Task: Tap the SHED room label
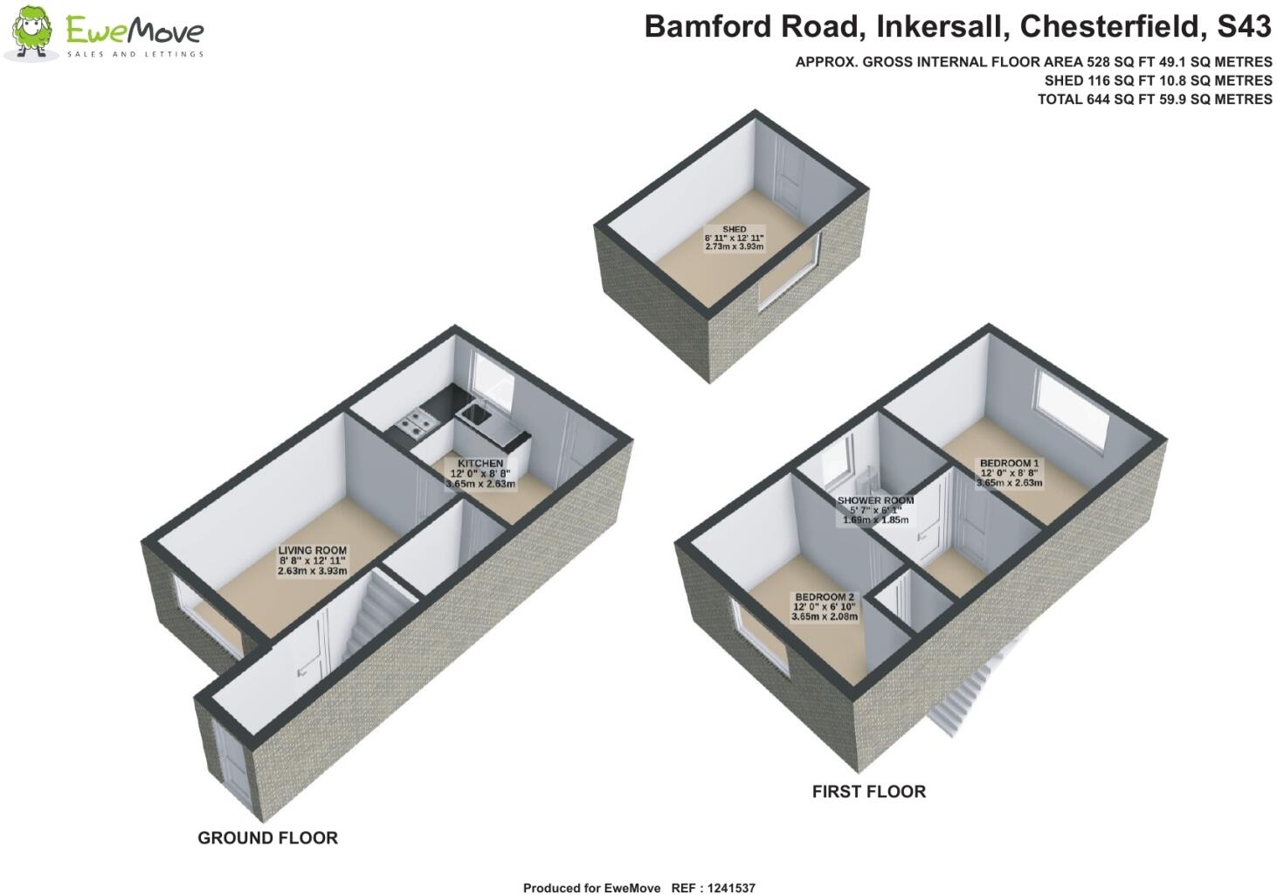[x=734, y=229]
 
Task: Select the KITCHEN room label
[x=480, y=463]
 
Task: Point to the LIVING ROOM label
[x=312, y=551]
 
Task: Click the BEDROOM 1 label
[x=1009, y=463]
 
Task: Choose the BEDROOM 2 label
[x=824, y=596]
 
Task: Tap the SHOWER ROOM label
[x=875, y=500]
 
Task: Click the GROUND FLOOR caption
[x=267, y=838]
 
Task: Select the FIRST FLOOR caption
[x=868, y=792]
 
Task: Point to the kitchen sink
[x=477, y=412]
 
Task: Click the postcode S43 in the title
[x=1244, y=27]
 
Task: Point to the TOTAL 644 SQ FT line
[x=1154, y=100]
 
